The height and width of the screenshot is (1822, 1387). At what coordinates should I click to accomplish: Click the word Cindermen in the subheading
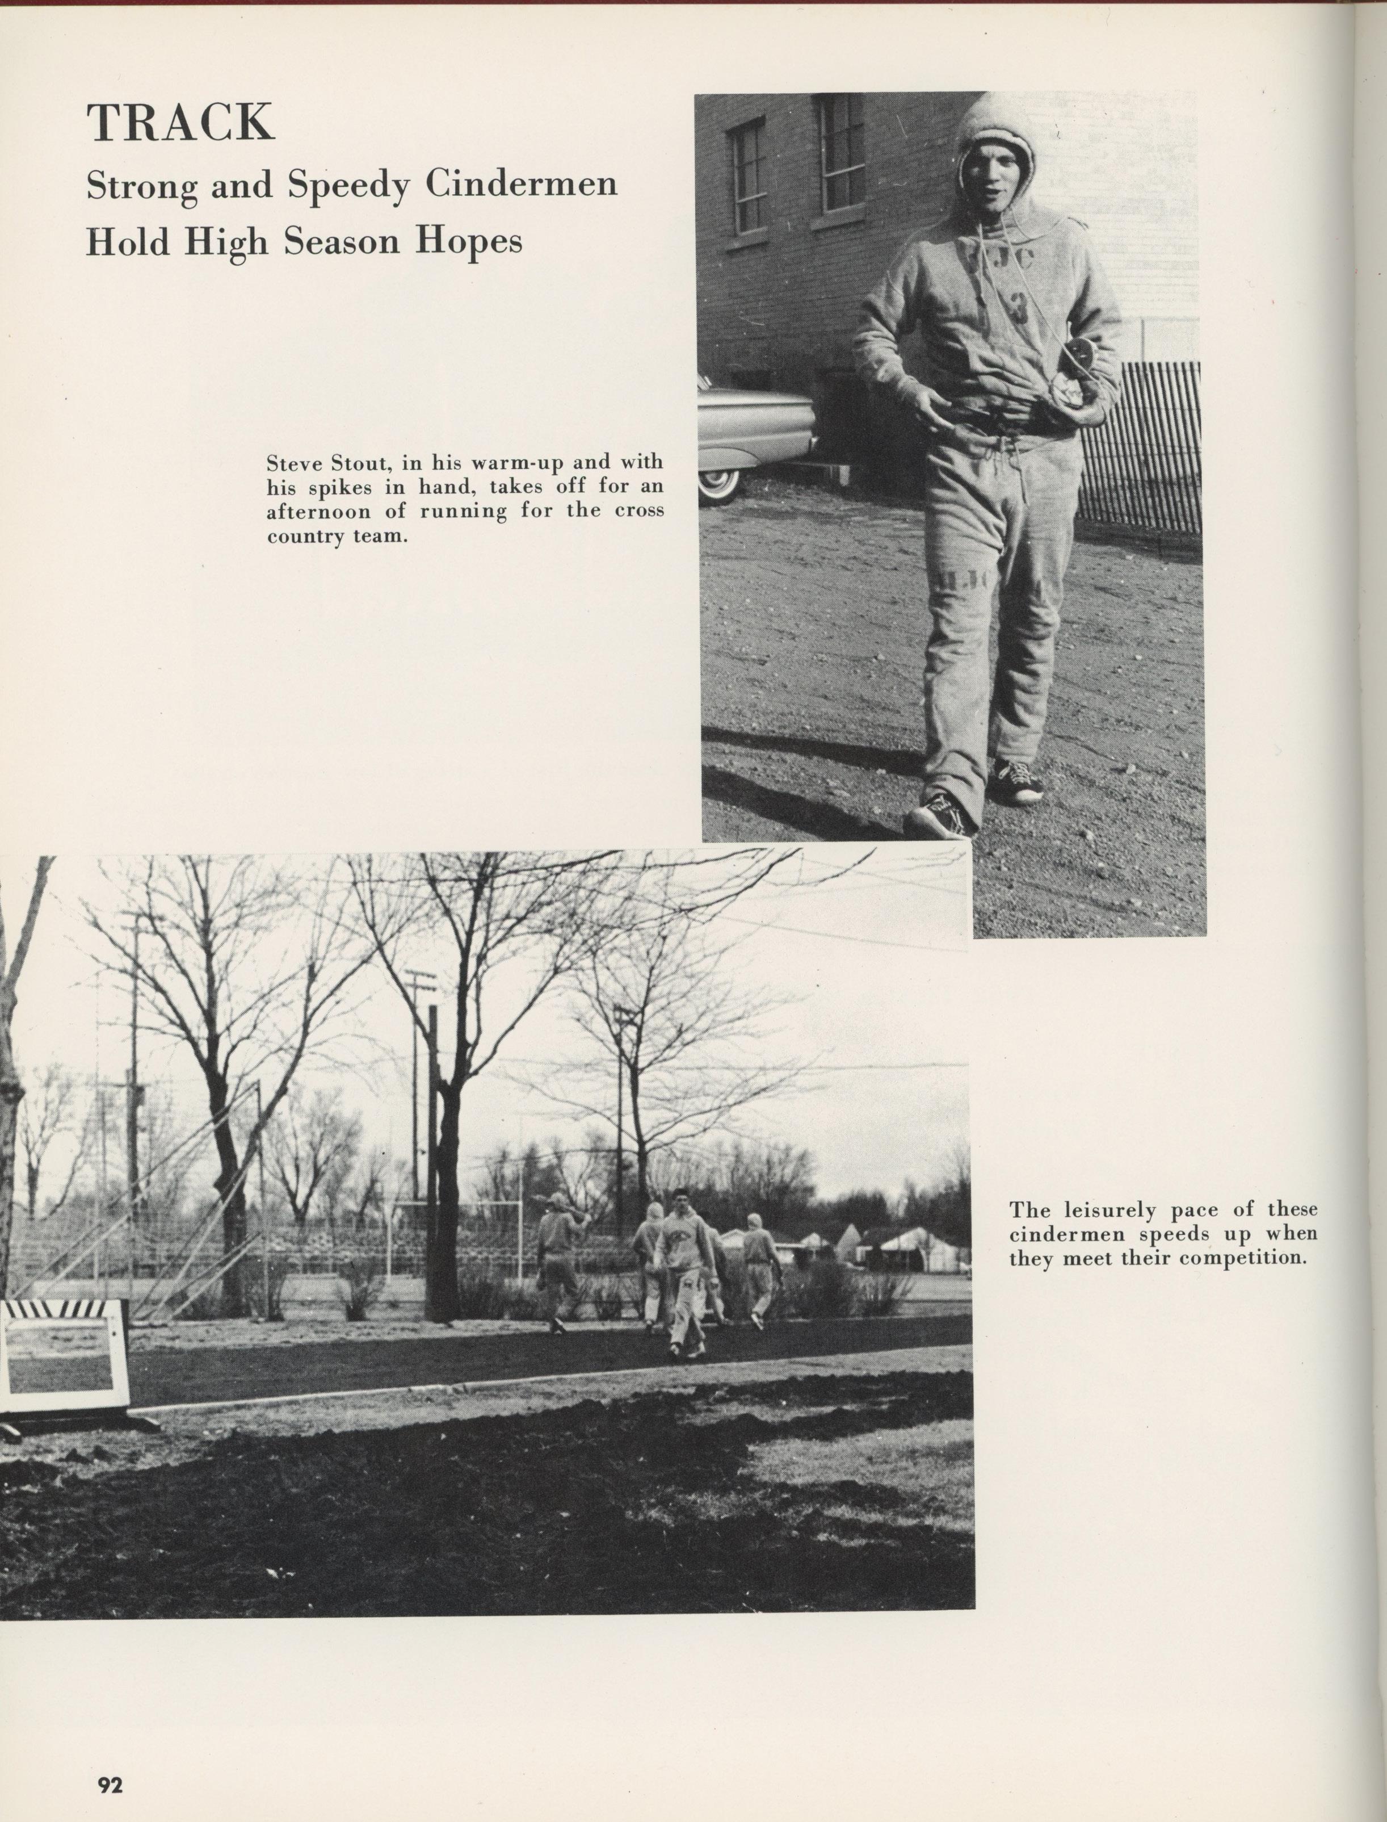[x=521, y=185]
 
